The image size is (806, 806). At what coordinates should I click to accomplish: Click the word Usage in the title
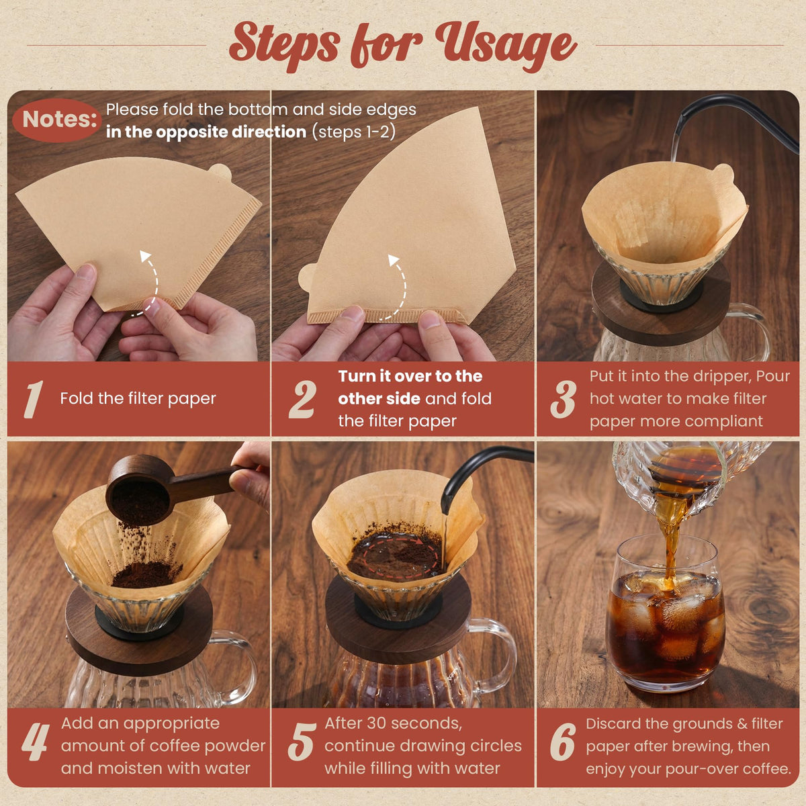coord(506,46)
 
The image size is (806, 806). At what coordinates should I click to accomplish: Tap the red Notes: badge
coord(57,120)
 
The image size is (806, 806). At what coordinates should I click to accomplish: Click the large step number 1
coord(34,399)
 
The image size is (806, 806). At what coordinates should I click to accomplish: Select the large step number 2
coord(302,399)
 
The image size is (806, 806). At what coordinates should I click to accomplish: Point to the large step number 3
coord(563,399)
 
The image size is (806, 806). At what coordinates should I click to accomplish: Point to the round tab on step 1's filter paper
coord(220,173)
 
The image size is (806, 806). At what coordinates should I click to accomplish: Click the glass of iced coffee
coord(665,614)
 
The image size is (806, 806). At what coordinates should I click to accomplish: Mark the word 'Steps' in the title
coord(284,47)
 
